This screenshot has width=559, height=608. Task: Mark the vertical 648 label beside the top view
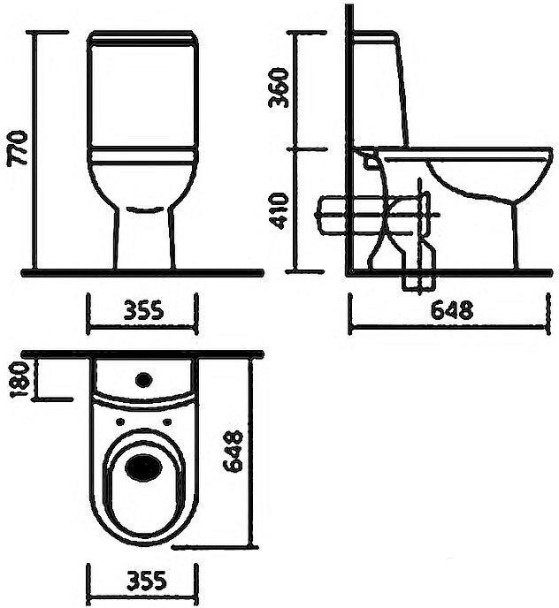click(232, 452)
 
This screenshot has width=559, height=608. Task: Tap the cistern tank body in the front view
click(142, 97)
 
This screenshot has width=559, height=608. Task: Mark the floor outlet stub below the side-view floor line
click(417, 282)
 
